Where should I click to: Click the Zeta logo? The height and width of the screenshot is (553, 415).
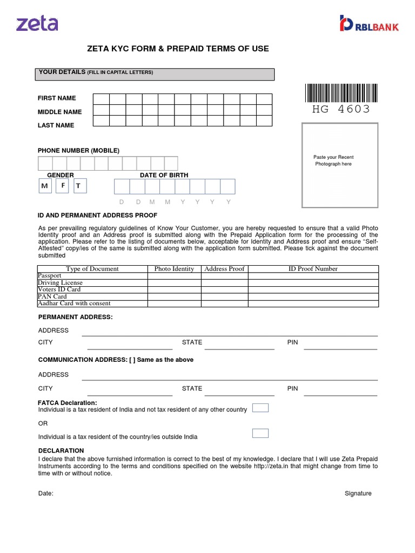tap(37, 23)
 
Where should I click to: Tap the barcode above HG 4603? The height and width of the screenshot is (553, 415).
tap(341, 93)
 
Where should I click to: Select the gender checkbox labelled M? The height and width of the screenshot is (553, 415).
tap(45, 186)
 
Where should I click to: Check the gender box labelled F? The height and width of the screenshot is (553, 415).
tap(63, 186)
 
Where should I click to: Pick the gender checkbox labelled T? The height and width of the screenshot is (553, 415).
tap(79, 186)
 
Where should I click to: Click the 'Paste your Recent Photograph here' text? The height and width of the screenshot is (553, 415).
tap(333, 160)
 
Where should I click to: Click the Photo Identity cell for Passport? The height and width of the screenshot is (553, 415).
tap(174, 276)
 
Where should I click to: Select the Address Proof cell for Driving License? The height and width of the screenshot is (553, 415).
tap(224, 282)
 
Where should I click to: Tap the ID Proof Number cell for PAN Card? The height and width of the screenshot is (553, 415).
tap(313, 296)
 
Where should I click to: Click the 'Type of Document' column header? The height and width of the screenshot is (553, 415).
tap(92, 269)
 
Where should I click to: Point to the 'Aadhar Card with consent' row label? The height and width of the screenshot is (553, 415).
tap(74, 304)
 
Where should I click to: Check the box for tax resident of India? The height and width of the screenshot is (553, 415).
tap(260, 408)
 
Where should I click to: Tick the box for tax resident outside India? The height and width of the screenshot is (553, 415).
tap(260, 433)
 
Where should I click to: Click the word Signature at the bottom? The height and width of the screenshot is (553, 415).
tap(358, 494)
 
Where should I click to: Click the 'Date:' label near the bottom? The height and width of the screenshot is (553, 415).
tap(46, 494)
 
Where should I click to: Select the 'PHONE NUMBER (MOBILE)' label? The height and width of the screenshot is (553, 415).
tap(78, 150)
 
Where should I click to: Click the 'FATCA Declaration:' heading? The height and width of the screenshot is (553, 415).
tap(68, 403)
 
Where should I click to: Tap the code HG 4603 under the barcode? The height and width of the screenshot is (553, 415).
tap(341, 110)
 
